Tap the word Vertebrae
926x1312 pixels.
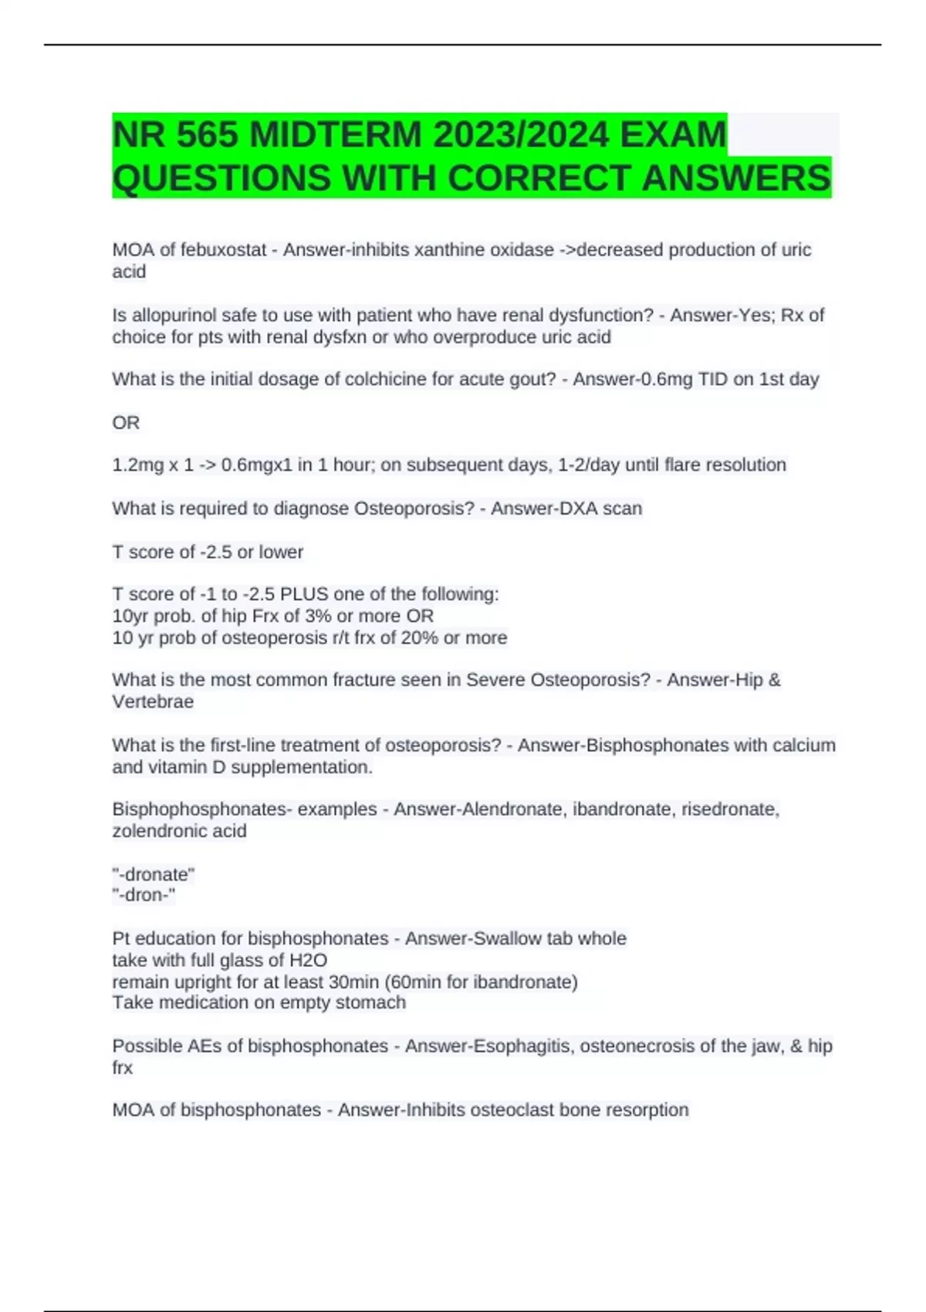point(153,702)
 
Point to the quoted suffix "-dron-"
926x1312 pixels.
point(144,895)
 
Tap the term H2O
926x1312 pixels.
point(308,961)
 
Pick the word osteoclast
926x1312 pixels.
point(512,1111)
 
